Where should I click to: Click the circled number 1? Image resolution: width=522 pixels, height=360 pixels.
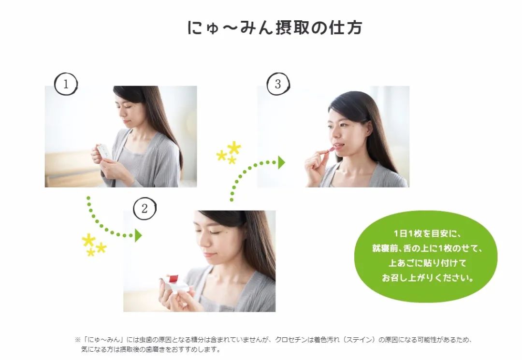coord(66,84)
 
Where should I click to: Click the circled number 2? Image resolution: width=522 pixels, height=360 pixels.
coord(144,209)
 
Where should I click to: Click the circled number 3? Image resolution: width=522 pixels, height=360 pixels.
coord(277,84)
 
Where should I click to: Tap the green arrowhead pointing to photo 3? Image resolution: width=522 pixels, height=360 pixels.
coord(281,163)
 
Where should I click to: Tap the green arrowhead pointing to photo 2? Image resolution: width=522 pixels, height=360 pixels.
coord(138,236)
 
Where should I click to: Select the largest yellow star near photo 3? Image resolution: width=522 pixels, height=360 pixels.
coord(234,147)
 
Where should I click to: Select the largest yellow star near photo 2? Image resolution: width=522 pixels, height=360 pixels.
coord(88,240)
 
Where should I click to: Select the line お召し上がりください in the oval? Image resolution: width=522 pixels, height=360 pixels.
coord(428,278)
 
